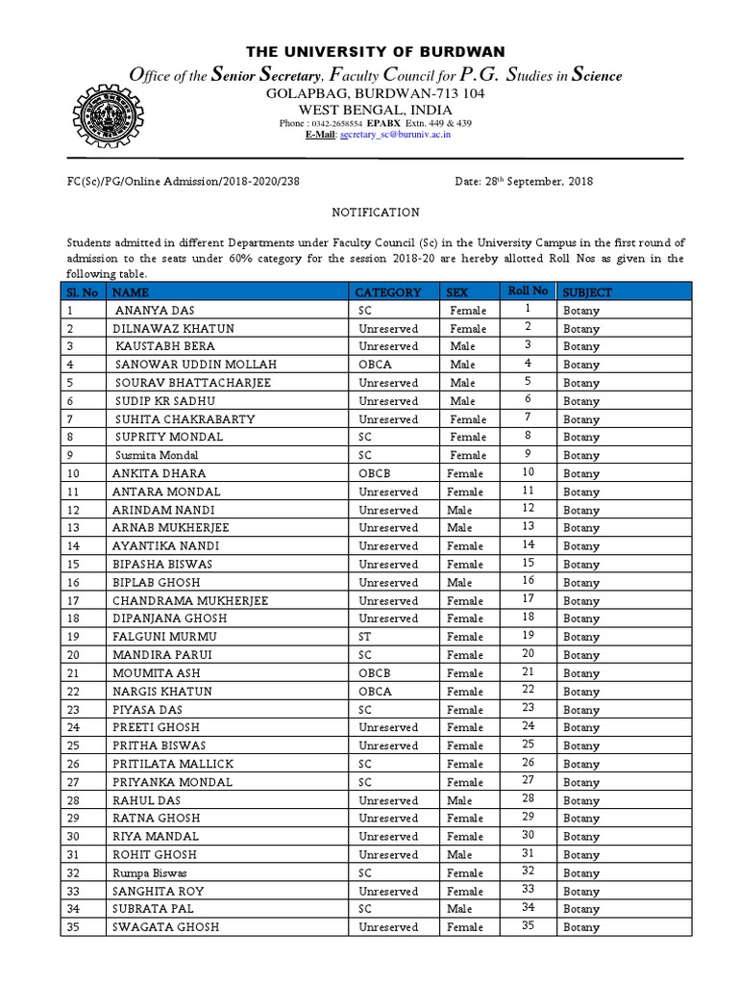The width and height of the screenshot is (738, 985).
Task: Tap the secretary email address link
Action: (395, 135)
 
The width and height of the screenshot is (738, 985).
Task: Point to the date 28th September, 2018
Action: (523, 182)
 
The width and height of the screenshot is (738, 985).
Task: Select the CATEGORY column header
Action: (388, 291)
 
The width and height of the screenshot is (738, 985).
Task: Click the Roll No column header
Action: (527, 290)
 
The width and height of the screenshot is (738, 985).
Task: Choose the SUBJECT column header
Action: (587, 291)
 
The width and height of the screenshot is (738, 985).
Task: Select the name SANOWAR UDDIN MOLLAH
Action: (195, 365)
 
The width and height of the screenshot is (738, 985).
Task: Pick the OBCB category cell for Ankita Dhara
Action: (375, 473)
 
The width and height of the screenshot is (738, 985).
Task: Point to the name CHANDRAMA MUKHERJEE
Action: (189, 600)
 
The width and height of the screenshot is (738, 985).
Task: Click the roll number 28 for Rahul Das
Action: (528, 799)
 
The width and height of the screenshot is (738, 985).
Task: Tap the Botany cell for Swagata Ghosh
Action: (581, 927)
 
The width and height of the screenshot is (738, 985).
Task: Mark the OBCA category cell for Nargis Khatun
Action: (375, 692)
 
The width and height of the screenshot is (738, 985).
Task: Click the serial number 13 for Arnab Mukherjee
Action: (72, 528)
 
